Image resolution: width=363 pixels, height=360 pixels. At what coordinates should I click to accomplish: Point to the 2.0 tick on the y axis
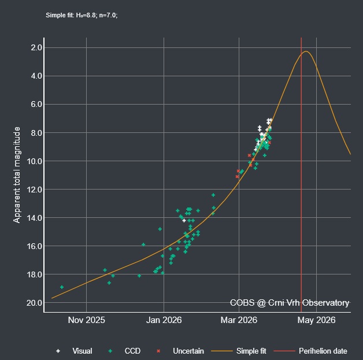pyautogui.click(x=34, y=47)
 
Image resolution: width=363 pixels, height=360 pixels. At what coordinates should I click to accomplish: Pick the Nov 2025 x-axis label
pyautogui.click(x=86, y=320)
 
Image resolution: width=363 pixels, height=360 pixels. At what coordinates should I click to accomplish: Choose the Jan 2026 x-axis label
pyautogui.click(x=164, y=320)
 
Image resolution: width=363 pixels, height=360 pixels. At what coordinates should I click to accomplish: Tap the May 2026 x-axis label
pyautogui.click(x=317, y=320)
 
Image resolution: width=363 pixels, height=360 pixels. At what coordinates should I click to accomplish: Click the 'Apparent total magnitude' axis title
pyautogui.click(x=17, y=175)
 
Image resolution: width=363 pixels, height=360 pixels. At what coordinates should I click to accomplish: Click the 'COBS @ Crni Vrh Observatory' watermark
pyautogui.click(x=289, y=303)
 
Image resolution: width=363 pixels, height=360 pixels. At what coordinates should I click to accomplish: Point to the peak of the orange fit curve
pyautogui.click(x=306, y=51)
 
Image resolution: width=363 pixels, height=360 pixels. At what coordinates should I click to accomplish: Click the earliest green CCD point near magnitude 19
pyautogui.click(x=62, y=287)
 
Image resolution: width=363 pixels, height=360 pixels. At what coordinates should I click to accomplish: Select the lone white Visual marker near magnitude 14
pyautogui.click(x=184, y=220)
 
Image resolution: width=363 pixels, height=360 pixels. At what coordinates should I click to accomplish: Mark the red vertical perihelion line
pyautogui.click(x=301, y=173)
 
